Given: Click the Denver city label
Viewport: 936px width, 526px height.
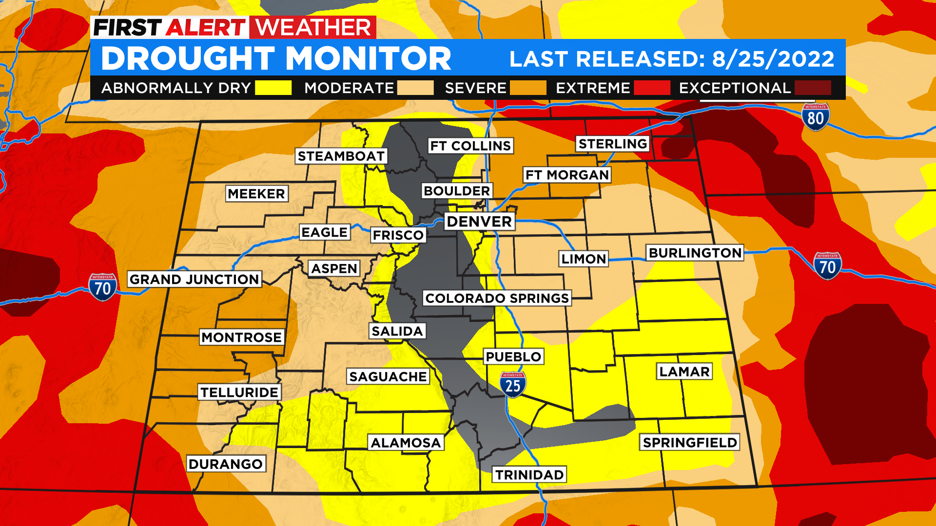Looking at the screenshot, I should (x=479, y=222).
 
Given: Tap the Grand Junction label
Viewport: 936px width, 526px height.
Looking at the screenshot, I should (x=194, y=279).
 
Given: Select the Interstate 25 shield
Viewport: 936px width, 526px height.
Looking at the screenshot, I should (x=512, y=385).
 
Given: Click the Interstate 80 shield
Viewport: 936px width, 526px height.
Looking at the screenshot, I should (x=815, y=117).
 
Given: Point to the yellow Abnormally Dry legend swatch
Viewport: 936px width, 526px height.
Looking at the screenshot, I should (x=273, y=88).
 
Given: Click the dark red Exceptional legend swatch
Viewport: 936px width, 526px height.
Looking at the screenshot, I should (x=813, y=88).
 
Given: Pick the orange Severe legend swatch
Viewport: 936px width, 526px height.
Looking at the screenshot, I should (x=528, y=88).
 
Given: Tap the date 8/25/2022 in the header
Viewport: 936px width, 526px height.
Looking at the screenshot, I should (x=773, y=59).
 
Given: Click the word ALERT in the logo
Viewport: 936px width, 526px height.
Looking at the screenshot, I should (x=206, y=28).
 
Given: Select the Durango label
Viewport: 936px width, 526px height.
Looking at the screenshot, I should (x=226, y=464).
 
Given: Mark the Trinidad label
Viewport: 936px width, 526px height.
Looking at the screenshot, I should (x=529, y=474).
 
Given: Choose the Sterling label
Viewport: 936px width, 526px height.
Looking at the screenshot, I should (x=613, y=144).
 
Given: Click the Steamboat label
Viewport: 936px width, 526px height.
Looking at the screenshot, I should (x=341, y=156).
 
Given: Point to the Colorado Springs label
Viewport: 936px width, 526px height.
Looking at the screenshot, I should (x=497, y=298).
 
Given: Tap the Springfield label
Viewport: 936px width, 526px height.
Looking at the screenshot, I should (x=690, y=442).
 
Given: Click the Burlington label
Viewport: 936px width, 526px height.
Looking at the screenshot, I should (x=695, y=253).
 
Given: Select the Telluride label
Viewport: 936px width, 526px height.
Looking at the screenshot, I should (x=239, y=392).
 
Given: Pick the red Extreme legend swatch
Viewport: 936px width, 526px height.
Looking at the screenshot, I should (x=652, y=88).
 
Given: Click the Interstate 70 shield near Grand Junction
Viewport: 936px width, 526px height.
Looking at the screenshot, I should (x=102, y=287).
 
